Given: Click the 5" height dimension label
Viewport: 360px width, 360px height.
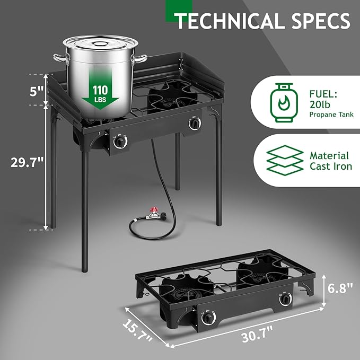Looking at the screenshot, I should (x=36, y=91).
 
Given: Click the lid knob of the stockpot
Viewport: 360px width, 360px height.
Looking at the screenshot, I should (x=99, y=38).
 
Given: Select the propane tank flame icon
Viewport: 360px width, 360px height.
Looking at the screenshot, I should (x=280, y=103).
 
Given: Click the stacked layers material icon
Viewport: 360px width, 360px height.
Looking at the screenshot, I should (x=280, y=161).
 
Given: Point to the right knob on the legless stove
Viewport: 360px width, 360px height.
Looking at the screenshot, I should (x=286, y=300).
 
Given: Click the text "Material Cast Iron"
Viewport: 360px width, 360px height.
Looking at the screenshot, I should (x=329, y=161).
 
